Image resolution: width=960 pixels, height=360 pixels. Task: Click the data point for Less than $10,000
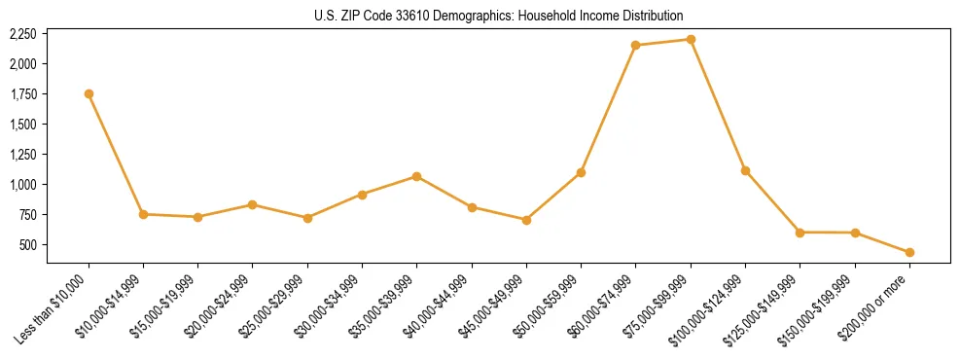[89, 93]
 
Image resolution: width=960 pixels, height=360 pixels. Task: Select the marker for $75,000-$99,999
[691, 39]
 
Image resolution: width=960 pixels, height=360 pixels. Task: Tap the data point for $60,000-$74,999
[635, 45]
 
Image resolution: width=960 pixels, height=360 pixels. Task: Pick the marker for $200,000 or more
[909, 252]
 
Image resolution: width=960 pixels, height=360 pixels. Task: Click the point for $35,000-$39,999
[416, 176]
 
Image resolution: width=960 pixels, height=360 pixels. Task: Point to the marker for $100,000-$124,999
[745, 170]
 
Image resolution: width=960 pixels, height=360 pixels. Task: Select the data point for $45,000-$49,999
[526, 220]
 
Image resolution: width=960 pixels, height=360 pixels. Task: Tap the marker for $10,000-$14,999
[143, 214]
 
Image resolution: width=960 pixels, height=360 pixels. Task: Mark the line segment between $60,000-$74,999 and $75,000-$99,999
[663, 42]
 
